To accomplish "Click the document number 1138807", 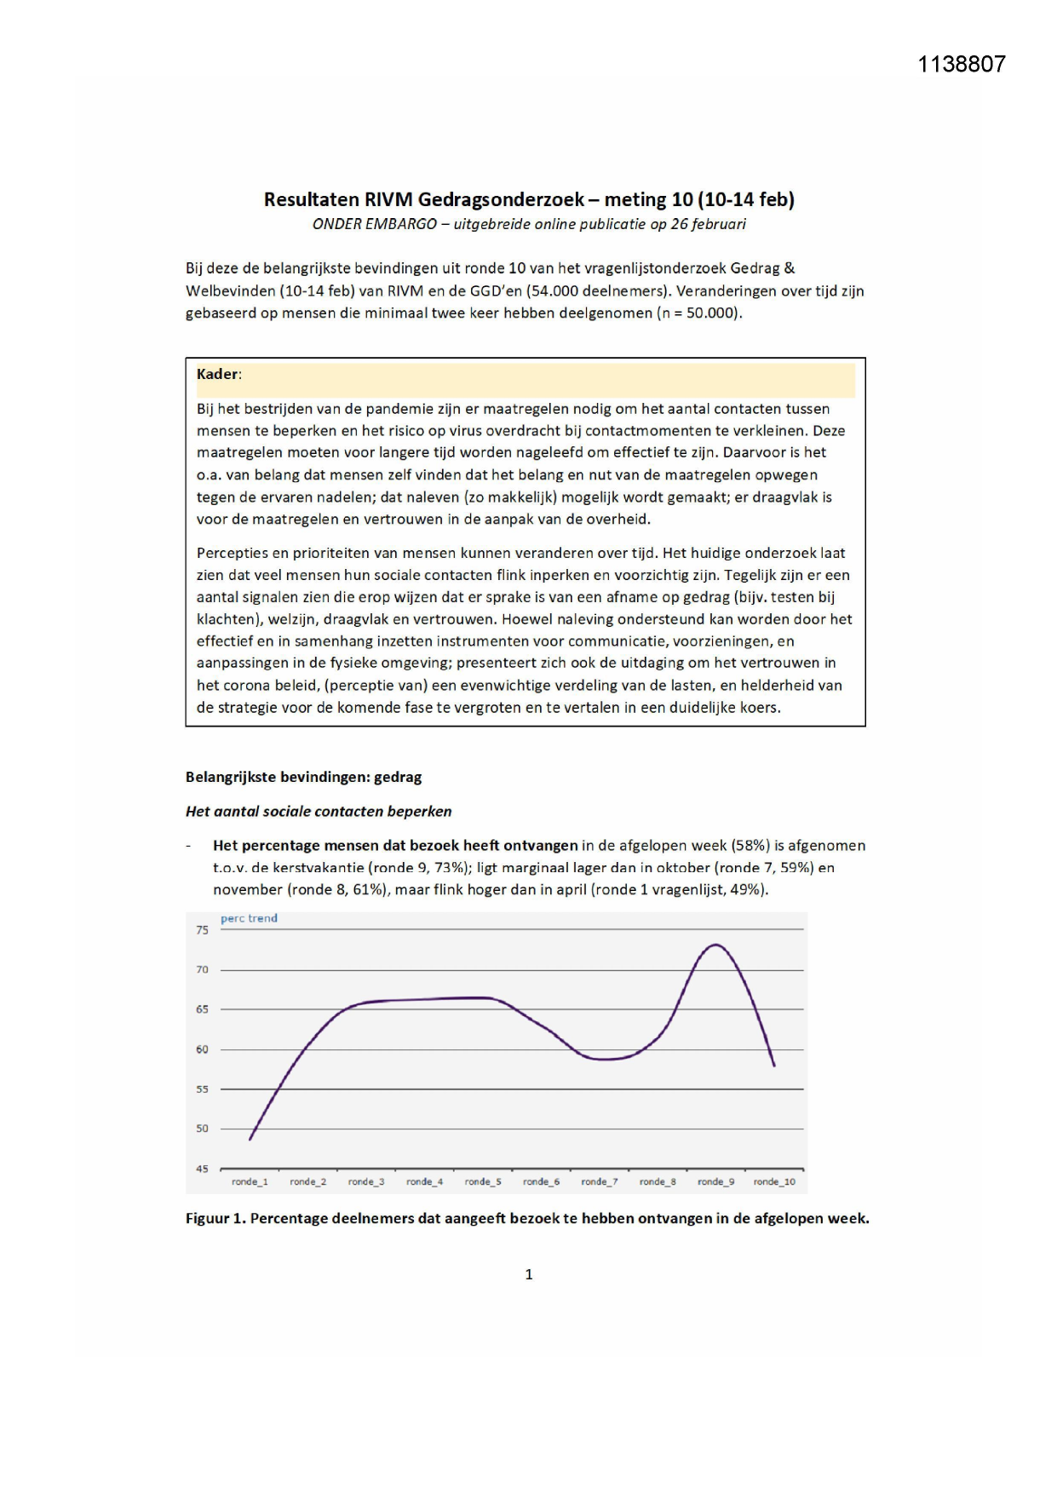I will pyautogui.click(x=961, y=65).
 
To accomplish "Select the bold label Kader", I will pyautogui.click(x=217, y=374).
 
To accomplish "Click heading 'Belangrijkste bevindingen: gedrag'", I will pyautogui.click(x=303, y=777).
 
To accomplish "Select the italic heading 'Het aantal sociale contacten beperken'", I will pyautogui.click(x=319, y=811).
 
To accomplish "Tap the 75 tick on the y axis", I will pyautogui.click(x=202, y=930).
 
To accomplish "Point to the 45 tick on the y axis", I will pyautogui.click(x=202, y=1169).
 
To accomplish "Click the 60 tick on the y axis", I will pyautogui.click(x=202, y=1049).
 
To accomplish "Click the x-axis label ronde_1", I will pyautogui.click(x=250, y=1181).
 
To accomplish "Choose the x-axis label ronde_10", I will pyautogui.click(x=774, y=1181).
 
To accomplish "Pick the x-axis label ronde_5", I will pyautogui.click(x=483, y=1181).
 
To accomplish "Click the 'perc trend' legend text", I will pyautogui.click(x=249, y=918).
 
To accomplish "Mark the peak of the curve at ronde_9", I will pyautogui.click(x=716, y=945).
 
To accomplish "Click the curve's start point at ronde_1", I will pyautogui.click(x=250, y=1139).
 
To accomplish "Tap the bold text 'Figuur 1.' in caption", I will pyautogui.click(x=215, y=1218).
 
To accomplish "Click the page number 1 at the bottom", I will pyautogui.click(x=529, y=1274).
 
